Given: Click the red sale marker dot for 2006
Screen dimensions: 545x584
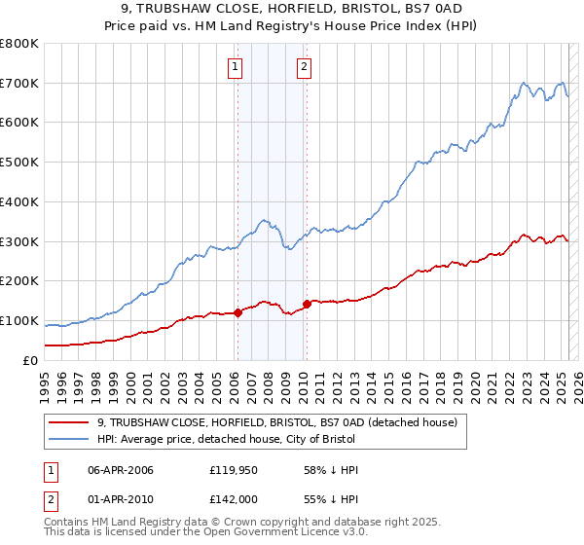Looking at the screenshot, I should pyautogui.click(x=237, y=312).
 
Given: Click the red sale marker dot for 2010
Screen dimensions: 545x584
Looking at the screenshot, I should pyautogui.click(x=307, y=304).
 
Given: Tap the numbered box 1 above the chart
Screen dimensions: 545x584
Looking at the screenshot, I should pyautogui.click(x=236, y=67).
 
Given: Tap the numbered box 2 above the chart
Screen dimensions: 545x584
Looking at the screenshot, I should pyautogui.click(x=305, y=67).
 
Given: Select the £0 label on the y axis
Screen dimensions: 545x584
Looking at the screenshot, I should pyautogui.click(x=29, y=360).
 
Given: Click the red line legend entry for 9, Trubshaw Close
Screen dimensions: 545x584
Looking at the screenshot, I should pyautogui.click(x=283, y=422).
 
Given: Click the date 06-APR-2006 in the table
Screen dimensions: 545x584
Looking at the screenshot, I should pyautogui.click(x=121, y=470).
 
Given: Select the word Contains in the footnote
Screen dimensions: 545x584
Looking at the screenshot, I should pyautogui.click(x=67, y=522).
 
